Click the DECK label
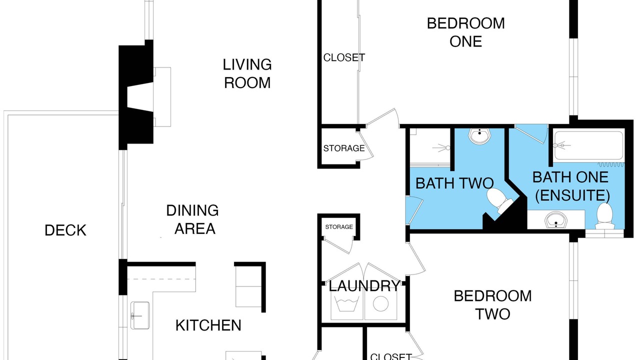point(65,230)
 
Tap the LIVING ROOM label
point(247,73)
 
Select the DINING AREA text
point(192,219)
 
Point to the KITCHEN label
point(208,325)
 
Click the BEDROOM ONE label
point(465,32)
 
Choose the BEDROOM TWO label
point(492,305)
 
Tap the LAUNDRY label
point(364,285)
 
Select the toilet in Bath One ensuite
point(605,215)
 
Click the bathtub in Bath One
point(588,145)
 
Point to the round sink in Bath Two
point(479,135)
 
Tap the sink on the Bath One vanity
point(555,219)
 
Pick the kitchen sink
point(140,315)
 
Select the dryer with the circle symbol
point(380,303)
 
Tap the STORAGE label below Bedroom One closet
point(344,148)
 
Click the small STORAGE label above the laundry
point(339,227)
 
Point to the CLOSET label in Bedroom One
point(344,57)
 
